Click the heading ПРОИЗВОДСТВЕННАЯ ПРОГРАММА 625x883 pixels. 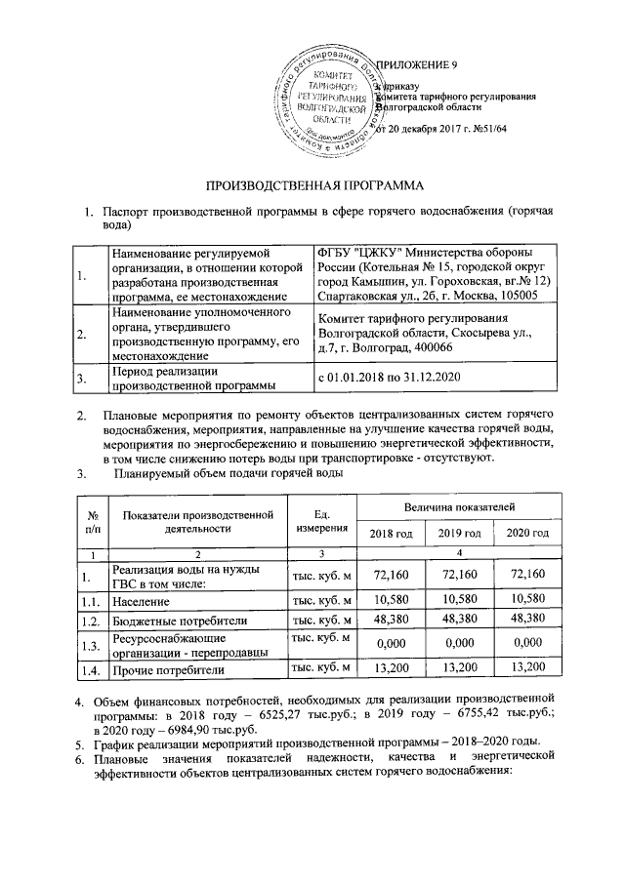coord(313,184)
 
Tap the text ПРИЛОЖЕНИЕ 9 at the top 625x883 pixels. coord(417,65)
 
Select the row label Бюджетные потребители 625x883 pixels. coord(178,621)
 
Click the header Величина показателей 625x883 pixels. coord(456,507)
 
